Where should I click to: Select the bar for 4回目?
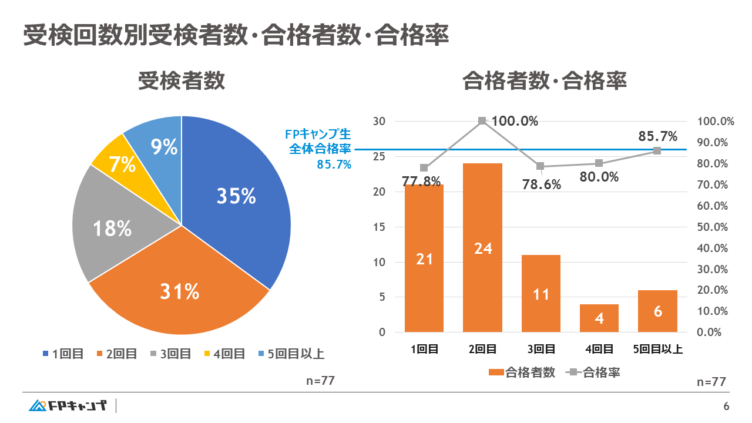tap(599, 318)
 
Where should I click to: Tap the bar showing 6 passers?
tap(657, 311)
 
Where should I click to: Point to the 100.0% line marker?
tap(482, 121)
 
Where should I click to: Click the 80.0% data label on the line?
tap(599, 176)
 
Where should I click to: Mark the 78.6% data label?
tap(541, 184)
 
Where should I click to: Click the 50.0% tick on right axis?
tap(715, 227)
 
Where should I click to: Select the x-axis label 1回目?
tap(424, 349)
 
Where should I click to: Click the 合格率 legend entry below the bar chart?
tap(595, 372)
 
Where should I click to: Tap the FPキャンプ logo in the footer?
tap(68, 406)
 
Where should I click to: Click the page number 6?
tap(726, 407)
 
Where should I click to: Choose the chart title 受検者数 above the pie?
tap(182, 81)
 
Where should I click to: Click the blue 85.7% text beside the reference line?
tap(334, 165)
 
